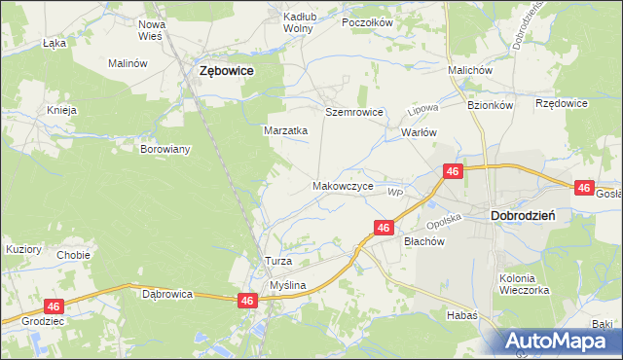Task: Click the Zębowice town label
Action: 226,71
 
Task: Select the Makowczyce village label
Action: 343,185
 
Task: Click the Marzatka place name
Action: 286,129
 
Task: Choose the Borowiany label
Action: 165,150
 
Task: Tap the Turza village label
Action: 279,263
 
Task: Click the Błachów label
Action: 423,242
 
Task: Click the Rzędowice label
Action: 562,103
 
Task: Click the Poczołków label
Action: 366,22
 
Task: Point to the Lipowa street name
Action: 420,103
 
